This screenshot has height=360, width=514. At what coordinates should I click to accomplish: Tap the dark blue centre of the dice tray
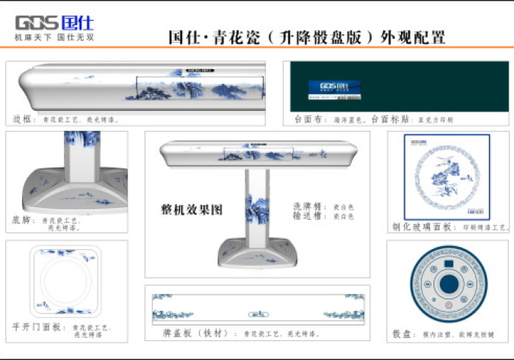pos(448,283)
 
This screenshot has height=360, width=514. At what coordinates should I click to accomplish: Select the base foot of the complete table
pos(257,254)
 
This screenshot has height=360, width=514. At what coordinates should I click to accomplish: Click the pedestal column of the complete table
pos(257,206)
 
